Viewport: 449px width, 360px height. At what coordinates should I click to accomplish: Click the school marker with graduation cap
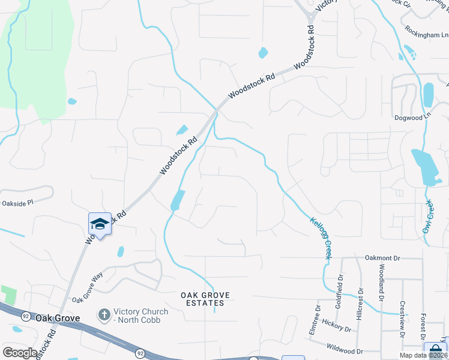(100, 224)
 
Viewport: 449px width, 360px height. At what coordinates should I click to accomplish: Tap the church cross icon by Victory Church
(104, 314)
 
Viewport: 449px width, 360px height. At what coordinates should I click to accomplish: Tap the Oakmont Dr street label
(382, 258)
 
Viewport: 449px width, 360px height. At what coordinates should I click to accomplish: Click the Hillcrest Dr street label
(360, 306)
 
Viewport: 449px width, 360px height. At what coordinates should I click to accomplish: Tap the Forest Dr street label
(423, 324)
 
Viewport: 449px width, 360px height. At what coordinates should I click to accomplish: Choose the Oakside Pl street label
(16, 203)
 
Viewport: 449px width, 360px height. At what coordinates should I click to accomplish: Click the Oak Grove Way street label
(88, 287)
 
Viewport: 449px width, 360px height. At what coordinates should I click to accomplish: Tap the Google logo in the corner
(20, 353)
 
